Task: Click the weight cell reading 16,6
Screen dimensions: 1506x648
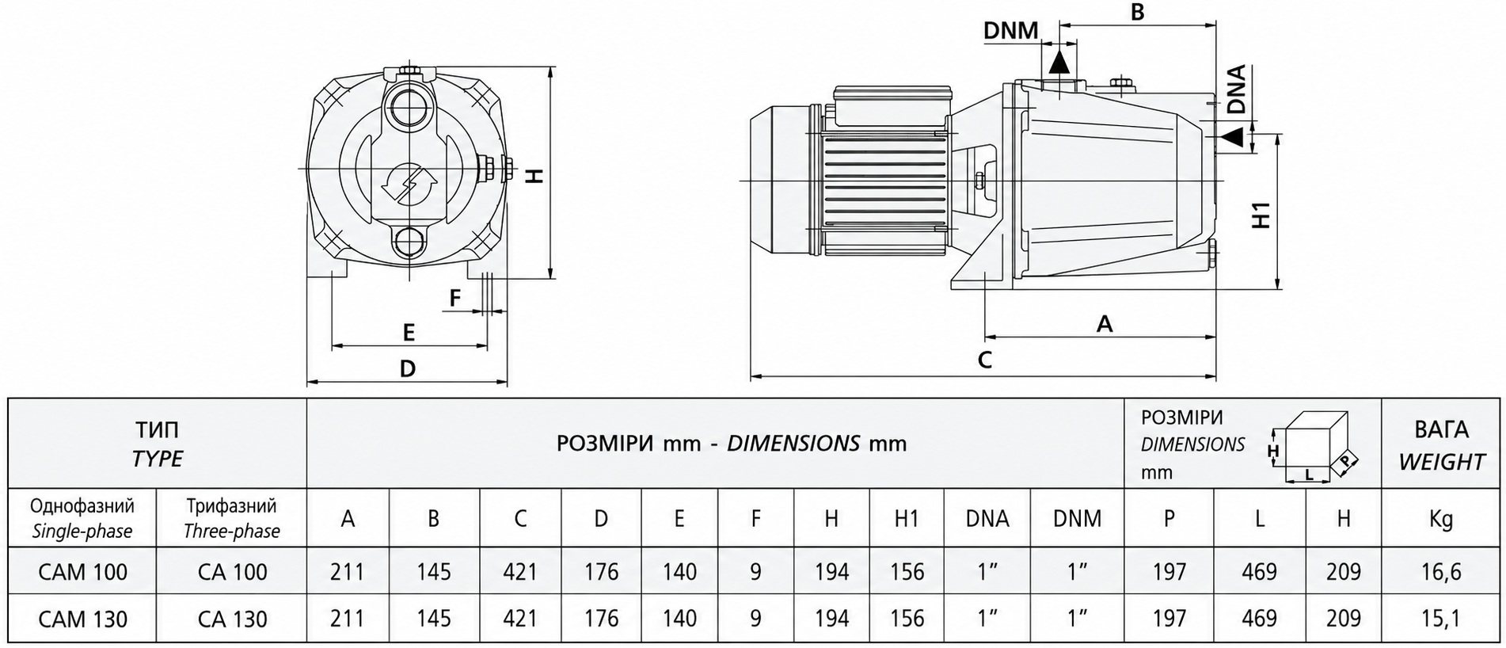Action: tap(1441, 571)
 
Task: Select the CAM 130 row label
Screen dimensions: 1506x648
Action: tap(82, 619)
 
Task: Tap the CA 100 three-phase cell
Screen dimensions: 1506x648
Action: tap(233, 571)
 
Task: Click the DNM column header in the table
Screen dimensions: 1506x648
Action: tap(1077, 518)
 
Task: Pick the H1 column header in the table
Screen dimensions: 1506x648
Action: tap(907, 518)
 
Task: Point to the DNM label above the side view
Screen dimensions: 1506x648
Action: tap(1010, 30)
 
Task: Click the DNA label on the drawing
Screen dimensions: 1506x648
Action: tap(1235, 88)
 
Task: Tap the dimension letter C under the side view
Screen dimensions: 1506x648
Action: tap(984, 360)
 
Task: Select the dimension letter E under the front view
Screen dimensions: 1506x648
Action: tap(409, 332)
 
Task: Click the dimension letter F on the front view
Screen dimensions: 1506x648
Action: tap(454, 298)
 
